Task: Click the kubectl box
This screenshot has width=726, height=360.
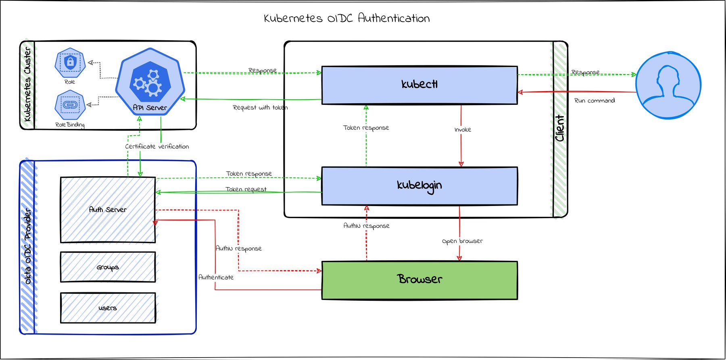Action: point(419,85)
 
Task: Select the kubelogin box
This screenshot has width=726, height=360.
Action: point(419,186)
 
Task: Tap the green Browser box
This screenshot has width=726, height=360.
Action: point(419,280)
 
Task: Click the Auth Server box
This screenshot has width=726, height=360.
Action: point(108,210)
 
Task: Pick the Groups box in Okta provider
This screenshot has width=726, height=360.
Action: point(108,267)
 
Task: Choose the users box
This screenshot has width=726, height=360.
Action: point(108,308)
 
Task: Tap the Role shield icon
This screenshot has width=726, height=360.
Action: point(70,63)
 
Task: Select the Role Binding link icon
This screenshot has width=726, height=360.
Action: point(70,105)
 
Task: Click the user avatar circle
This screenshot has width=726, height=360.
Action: point(668,85)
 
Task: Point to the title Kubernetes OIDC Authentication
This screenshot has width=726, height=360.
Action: point(347,18)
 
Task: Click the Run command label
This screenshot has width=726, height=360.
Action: point(595,101)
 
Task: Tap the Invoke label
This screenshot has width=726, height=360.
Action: point(463,130)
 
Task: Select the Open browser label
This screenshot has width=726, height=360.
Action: point(462,241)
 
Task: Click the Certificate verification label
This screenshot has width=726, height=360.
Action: point(157,146)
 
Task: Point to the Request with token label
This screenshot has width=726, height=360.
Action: point(260,108)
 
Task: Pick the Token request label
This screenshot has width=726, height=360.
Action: point(246,189)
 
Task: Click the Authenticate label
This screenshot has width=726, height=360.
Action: point(216,277)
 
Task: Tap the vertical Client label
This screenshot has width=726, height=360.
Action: point(560,128)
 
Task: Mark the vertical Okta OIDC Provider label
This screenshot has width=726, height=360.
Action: point(27,246)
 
